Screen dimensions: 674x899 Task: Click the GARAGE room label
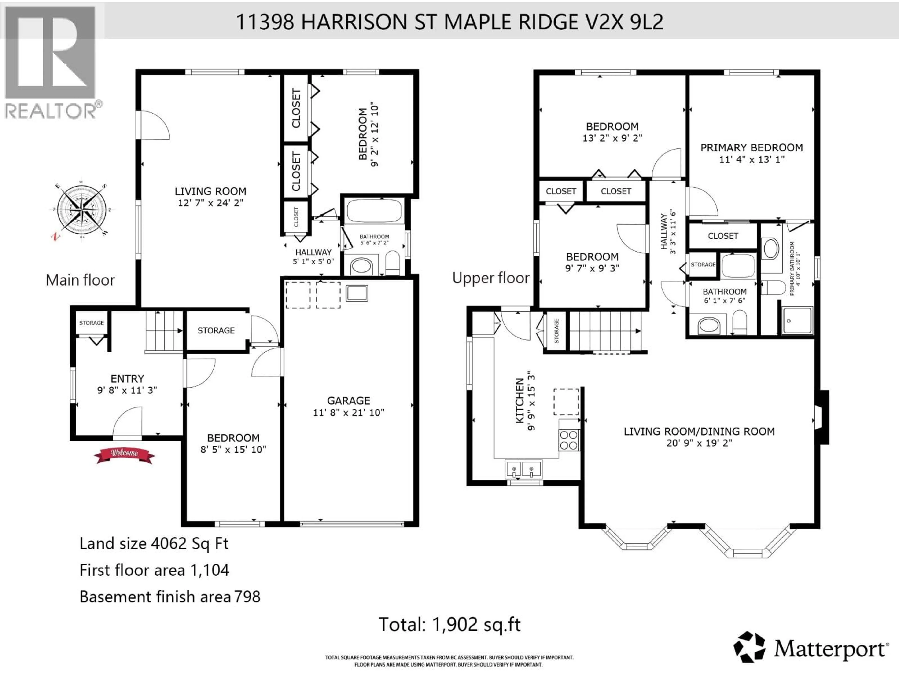pyautogui.click(x=348, y=401)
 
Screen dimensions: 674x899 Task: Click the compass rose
pyautogui.click(x=82, y=212)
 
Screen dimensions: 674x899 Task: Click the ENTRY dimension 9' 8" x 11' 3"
pyautogui.click(x=127, y=390)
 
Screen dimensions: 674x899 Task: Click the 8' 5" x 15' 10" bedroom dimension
pyautogui.click(x=233, y=449)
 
